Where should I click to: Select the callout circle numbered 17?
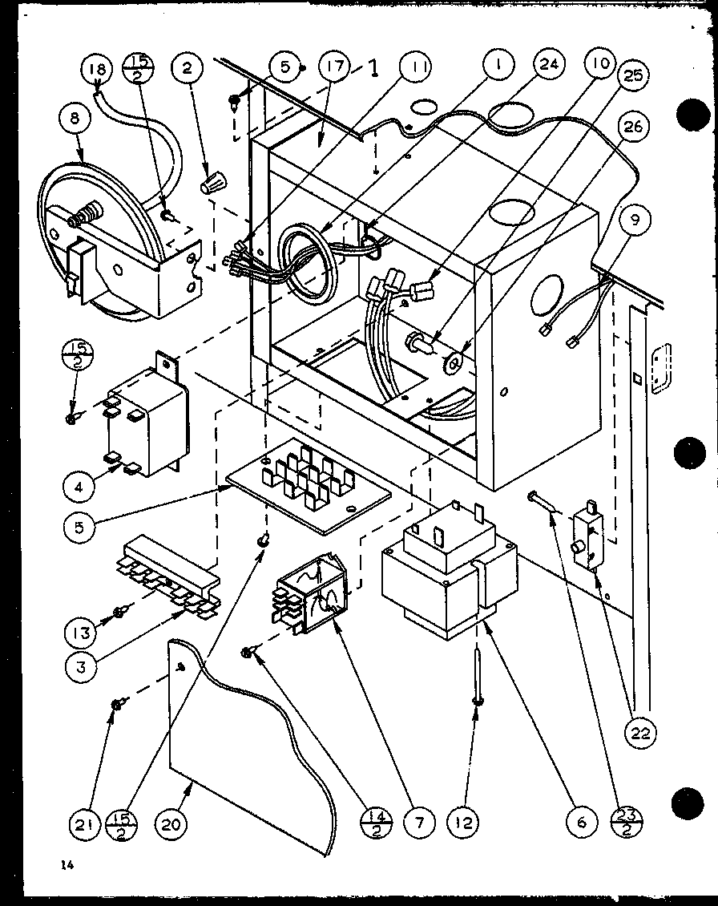(334, 67)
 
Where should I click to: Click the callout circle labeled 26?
(635, 126)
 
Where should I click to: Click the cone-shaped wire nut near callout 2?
(212, 187)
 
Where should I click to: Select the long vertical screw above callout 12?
(478, 673)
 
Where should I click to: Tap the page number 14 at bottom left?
(64, 864)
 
